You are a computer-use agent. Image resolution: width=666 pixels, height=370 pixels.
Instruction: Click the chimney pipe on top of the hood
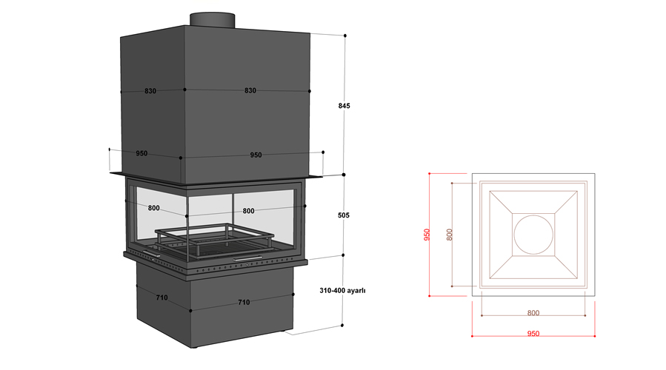tap(213, 19)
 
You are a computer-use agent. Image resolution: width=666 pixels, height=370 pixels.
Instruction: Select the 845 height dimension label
tap(344, 106)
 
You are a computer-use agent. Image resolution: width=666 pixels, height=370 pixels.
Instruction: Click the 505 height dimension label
tap(343, 215)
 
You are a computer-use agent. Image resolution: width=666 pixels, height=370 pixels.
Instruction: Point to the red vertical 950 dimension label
tap(427, 235)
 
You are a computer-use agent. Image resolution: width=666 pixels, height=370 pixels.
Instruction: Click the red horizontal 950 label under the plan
tap(533, 334)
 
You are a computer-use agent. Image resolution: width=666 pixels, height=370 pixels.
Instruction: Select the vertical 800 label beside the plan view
tap(450, 235)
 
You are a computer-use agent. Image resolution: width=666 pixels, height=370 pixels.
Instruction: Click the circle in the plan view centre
tap(533, 235)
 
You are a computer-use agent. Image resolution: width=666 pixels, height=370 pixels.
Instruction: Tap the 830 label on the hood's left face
tap(150, 91)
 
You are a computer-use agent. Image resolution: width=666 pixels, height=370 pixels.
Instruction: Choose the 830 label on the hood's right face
tap(250, 90)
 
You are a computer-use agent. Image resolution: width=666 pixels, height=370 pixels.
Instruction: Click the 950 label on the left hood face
tap(141, 154)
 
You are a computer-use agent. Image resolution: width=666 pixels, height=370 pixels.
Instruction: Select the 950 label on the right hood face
tap(256, 155)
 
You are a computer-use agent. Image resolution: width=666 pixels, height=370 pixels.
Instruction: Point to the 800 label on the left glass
tap(154, 208)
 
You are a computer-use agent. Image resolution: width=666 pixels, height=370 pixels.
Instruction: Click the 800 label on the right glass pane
tap(248, 211)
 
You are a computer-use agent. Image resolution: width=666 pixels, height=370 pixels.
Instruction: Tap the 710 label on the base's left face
tap(161, 297)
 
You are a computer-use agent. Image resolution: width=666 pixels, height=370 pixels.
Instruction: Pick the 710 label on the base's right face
tap(242, 302)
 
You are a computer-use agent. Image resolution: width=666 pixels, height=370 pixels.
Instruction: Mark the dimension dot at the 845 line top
tap(344, 36)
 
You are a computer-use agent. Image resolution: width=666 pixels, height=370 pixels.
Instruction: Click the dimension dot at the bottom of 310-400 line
tap(344, 325)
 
